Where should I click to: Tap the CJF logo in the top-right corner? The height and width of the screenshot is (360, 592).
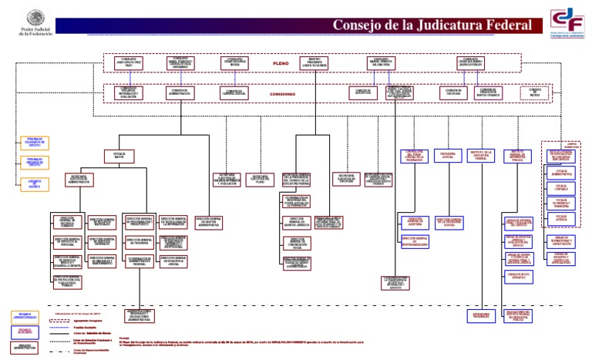(566, 23)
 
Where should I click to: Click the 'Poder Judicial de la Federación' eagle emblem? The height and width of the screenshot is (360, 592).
(35, 18)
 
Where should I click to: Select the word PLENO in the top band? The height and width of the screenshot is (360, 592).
(280, 62)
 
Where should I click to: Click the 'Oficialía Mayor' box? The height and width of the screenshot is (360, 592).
(119, 156)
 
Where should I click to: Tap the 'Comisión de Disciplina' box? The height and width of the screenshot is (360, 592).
(455, 92)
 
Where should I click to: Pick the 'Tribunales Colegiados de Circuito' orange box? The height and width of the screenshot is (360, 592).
(35, 143)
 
